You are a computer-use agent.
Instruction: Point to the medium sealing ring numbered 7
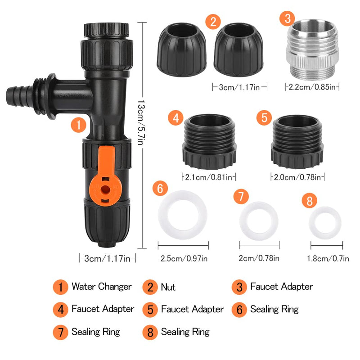(259, 220)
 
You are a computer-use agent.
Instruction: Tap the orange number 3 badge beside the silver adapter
(287, 19)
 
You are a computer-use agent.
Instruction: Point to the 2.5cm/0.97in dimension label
(184, 258)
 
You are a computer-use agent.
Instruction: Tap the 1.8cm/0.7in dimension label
(327, 258)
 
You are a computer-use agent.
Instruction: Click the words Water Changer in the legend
(101, 287)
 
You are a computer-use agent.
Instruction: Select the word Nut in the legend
(168, 287)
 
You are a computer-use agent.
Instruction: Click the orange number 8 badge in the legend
(150, 333)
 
